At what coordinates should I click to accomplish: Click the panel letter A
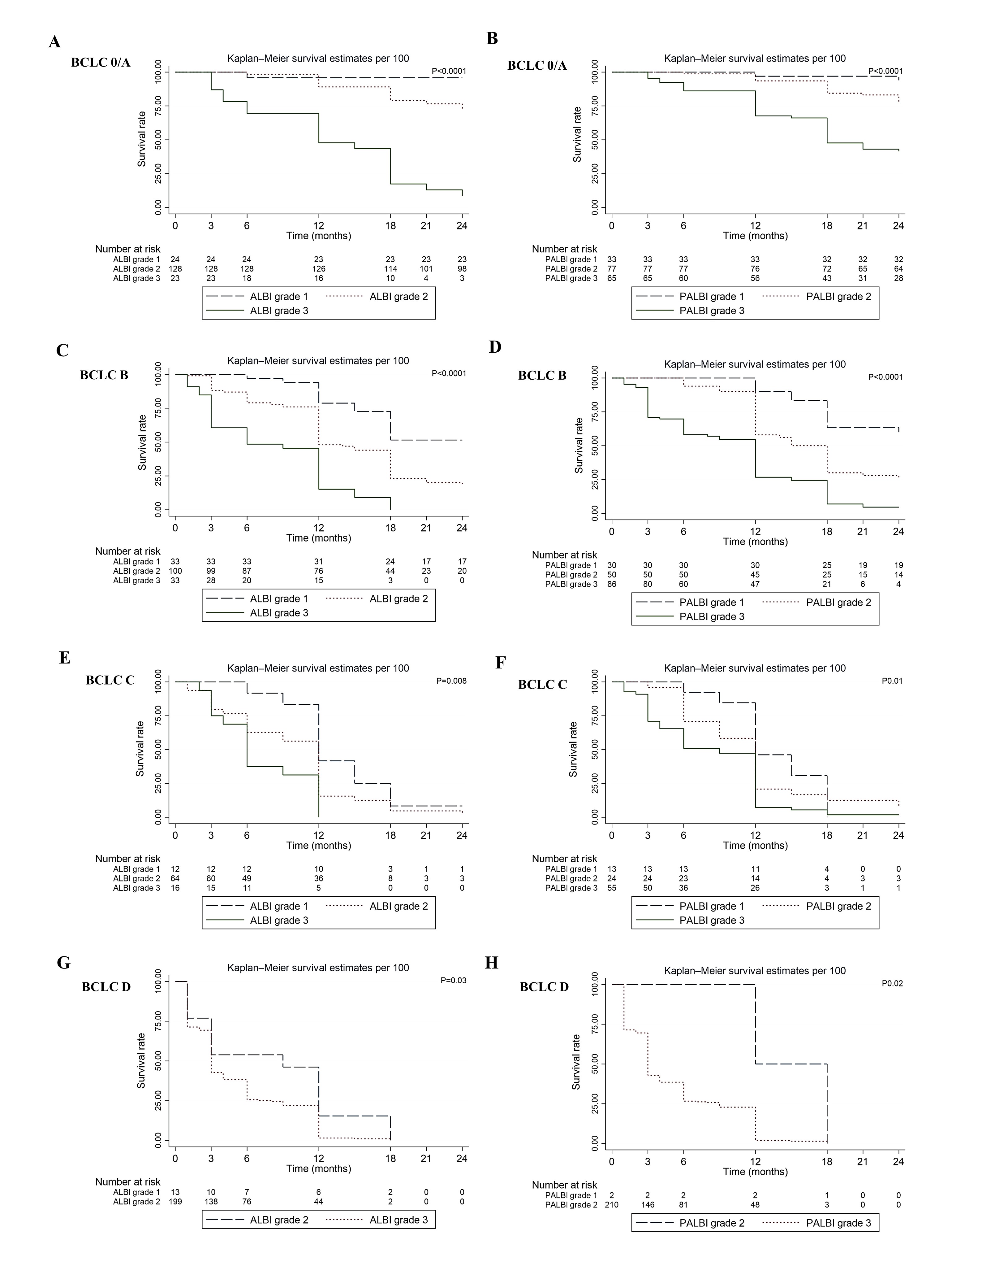(55, 42)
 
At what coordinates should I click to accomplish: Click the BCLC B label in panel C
(104, 375)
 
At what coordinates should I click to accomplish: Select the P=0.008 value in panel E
(451, 681)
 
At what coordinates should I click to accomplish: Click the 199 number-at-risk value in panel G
(175, 1201)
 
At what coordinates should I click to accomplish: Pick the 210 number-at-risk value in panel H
(611, 1205)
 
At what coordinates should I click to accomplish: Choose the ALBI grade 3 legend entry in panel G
(398, 1220)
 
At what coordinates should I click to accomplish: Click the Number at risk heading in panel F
(564, 859)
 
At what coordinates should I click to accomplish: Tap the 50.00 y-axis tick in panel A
(158, 140)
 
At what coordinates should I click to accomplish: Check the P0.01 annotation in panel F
(892, 681)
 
